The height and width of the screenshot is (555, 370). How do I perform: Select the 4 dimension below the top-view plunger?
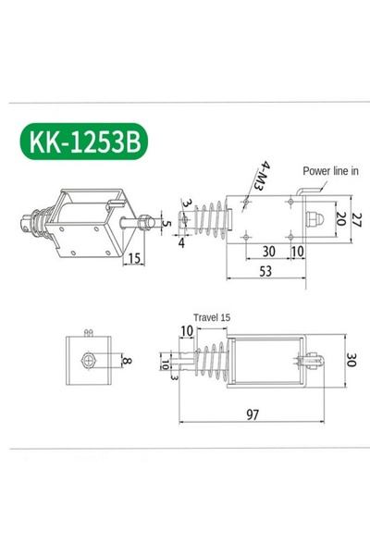(x=181, y=244)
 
